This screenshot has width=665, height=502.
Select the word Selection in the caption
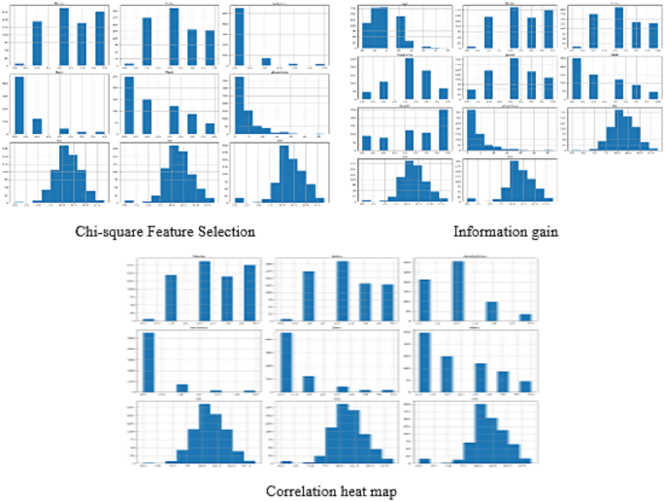click(x=225, y=231)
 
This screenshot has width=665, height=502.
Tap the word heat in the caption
click(x=358, y=491)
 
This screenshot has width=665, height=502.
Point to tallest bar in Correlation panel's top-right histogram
click(x=457, y=291)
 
